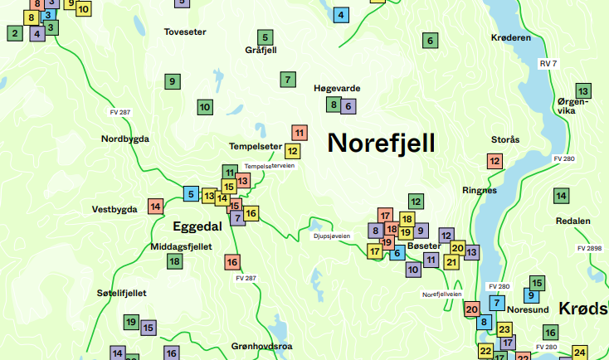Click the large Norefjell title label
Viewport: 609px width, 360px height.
pos(381,143)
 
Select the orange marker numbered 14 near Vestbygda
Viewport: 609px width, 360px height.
pos(155,206)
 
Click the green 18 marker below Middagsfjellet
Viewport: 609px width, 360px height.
pos(174,261)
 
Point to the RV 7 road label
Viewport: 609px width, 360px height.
pos(548,64)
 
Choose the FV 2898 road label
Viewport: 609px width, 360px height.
pos(590,248)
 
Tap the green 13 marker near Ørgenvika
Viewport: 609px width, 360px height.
pos(583,90)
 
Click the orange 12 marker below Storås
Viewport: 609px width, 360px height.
pos(495,161)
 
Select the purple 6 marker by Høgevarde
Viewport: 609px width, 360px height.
pos(348,105)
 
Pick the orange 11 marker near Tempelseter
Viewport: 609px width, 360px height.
pos(299,133)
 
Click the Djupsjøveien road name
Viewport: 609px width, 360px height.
pos(332,236)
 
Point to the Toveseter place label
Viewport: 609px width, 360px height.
pos(185,32)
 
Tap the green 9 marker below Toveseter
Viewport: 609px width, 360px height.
pos(172,81)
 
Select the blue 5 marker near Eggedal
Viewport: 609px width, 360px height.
pos(191,195)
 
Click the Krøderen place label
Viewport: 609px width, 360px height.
pos(511,38)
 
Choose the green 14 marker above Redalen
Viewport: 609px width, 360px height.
pos(562,196)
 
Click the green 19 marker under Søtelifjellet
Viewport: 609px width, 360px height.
pos(130,321)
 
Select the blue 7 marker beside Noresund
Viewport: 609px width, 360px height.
pos(497,303)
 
